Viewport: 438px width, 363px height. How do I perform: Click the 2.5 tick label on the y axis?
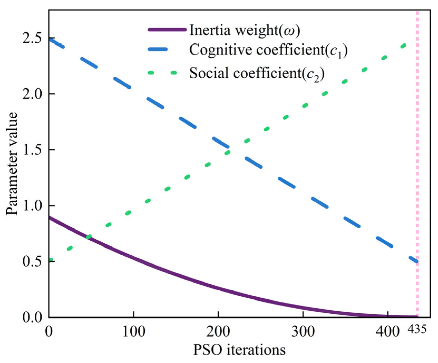point(32,39)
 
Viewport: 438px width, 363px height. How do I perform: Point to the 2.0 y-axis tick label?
point(32,94)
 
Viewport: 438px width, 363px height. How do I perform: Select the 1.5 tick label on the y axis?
point(32,150)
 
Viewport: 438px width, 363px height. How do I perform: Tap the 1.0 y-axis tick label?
point(32,205)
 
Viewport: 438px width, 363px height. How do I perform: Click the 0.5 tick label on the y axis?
point(32,261)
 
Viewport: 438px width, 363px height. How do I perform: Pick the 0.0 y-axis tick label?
point(32,317)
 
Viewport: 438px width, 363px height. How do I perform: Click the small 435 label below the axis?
point(417,329)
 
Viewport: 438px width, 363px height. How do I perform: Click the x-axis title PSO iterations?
point(239,350)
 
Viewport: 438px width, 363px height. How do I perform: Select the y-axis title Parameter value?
point(12,163)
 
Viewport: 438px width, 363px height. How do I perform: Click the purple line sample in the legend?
point(167,29)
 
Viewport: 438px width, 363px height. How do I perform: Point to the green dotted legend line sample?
point(162,73)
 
